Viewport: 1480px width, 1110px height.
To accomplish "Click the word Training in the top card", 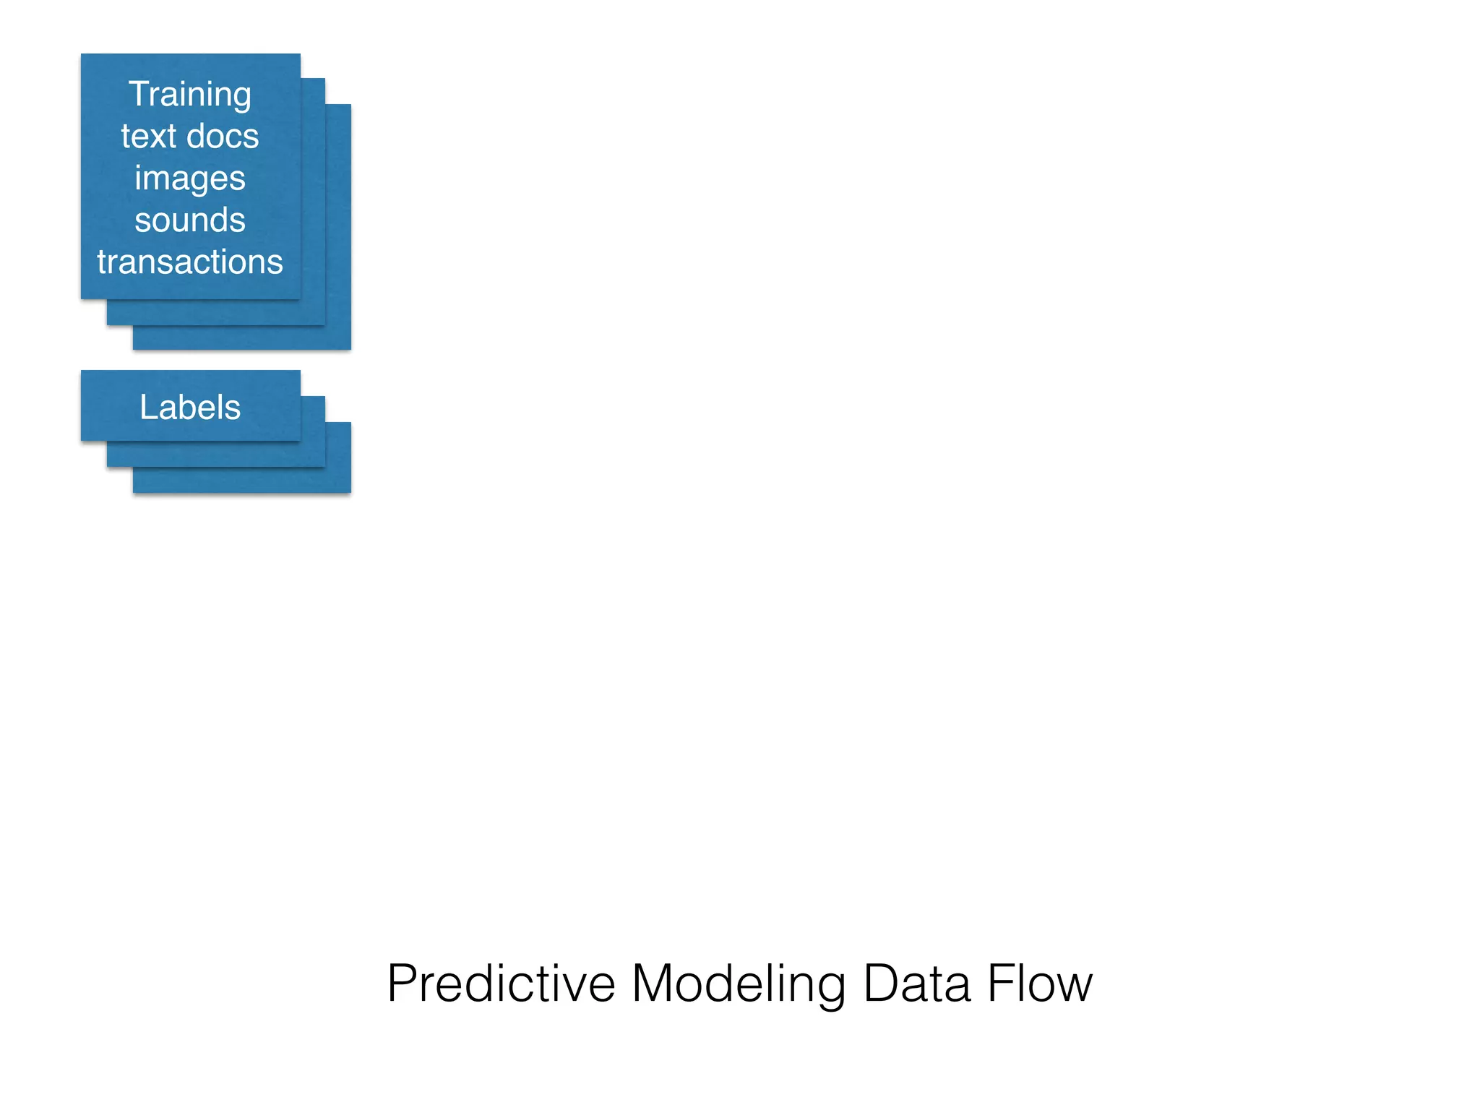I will (190, 95).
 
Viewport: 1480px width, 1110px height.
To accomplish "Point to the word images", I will (190, 178).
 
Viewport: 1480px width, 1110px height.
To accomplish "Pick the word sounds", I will (190, 220).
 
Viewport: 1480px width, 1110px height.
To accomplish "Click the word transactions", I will (190, 262).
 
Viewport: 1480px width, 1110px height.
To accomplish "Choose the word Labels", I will (190, 407).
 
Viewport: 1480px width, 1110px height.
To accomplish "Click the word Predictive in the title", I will (501, 984).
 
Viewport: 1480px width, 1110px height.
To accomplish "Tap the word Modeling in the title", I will (739, 984).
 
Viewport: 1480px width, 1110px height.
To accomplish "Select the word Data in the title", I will (916, 984).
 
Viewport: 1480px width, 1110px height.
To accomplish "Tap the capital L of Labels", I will (147, 407).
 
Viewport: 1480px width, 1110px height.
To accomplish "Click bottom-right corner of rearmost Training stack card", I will (350, 348).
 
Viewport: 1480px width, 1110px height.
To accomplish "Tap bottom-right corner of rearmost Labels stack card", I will (350, 491).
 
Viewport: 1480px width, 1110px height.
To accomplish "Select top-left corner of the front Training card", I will (82, 55).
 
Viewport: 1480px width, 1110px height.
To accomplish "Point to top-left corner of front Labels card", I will (82, 371).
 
